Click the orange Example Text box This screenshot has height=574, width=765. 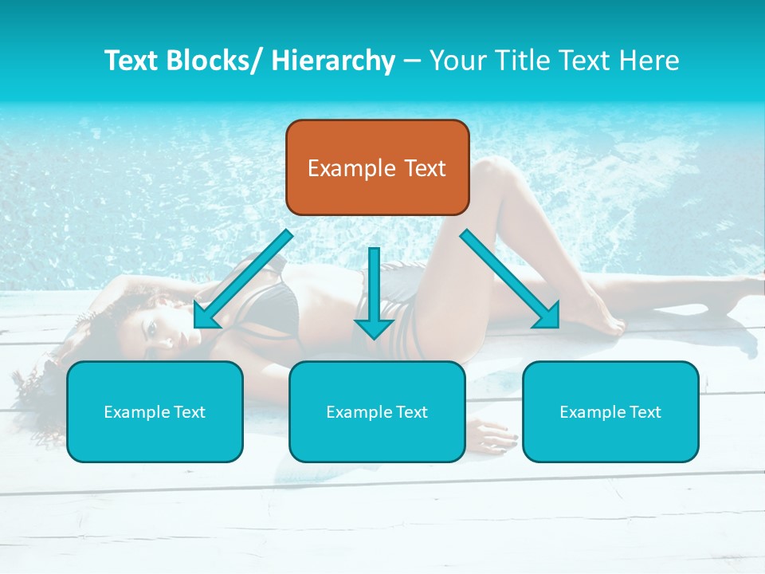click(377, 167)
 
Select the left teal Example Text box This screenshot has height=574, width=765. click(155, 411)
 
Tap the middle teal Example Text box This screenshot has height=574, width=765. click(377, 411)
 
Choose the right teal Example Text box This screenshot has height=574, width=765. click(610, 411)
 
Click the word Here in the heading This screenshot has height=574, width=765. click(648, 61)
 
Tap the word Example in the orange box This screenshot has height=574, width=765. click(351, 168)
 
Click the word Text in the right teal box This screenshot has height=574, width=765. click(644, 411)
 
